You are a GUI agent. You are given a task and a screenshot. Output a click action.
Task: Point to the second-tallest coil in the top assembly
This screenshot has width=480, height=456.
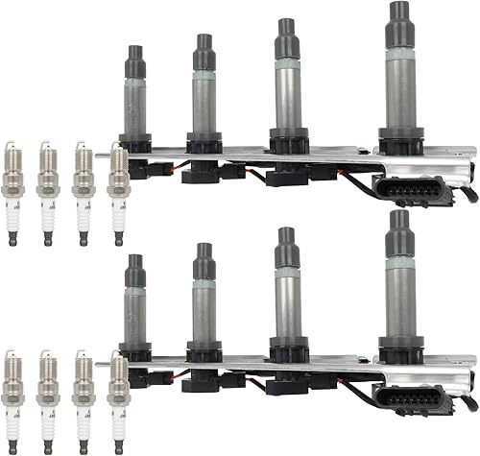click(x=286, y=86)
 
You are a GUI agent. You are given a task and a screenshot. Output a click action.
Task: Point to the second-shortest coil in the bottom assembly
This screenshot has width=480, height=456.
click(x=203, y=302)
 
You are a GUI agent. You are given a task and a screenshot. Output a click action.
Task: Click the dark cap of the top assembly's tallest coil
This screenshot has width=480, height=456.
click(x=396, y=21)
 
